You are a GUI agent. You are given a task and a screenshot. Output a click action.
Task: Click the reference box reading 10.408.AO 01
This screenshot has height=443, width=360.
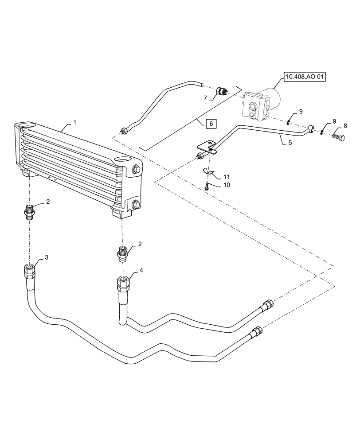(305, 77)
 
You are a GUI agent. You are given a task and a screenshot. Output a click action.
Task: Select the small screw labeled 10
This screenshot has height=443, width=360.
(207, 187)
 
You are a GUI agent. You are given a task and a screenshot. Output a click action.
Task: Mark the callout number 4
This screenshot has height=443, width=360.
(141, 270)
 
